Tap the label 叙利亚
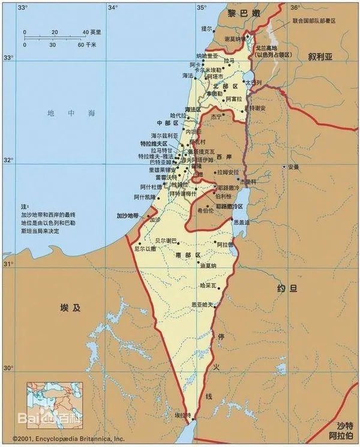tap(320, 56)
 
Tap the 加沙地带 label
tap(127, 214)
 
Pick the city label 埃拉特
tap(182, 415)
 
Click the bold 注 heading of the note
tap(25, 205)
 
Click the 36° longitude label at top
tap(295, 8)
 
